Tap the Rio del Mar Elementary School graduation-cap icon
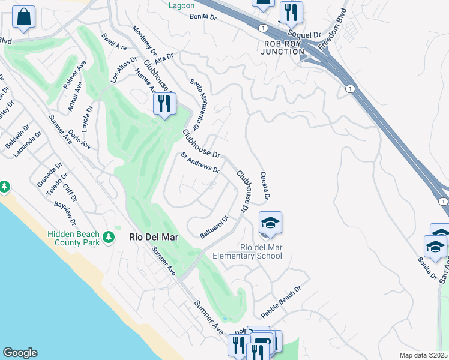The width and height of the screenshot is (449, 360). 270,223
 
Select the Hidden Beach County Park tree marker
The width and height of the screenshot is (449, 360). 109,238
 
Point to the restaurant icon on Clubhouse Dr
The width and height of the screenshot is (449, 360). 164,104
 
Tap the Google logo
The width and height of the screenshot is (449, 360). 20,353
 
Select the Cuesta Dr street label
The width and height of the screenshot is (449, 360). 264,185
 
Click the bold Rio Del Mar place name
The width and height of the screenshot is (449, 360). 155,237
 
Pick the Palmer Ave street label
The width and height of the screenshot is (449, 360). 76,75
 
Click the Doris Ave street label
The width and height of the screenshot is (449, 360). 80,139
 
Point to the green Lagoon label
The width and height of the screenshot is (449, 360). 181,5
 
